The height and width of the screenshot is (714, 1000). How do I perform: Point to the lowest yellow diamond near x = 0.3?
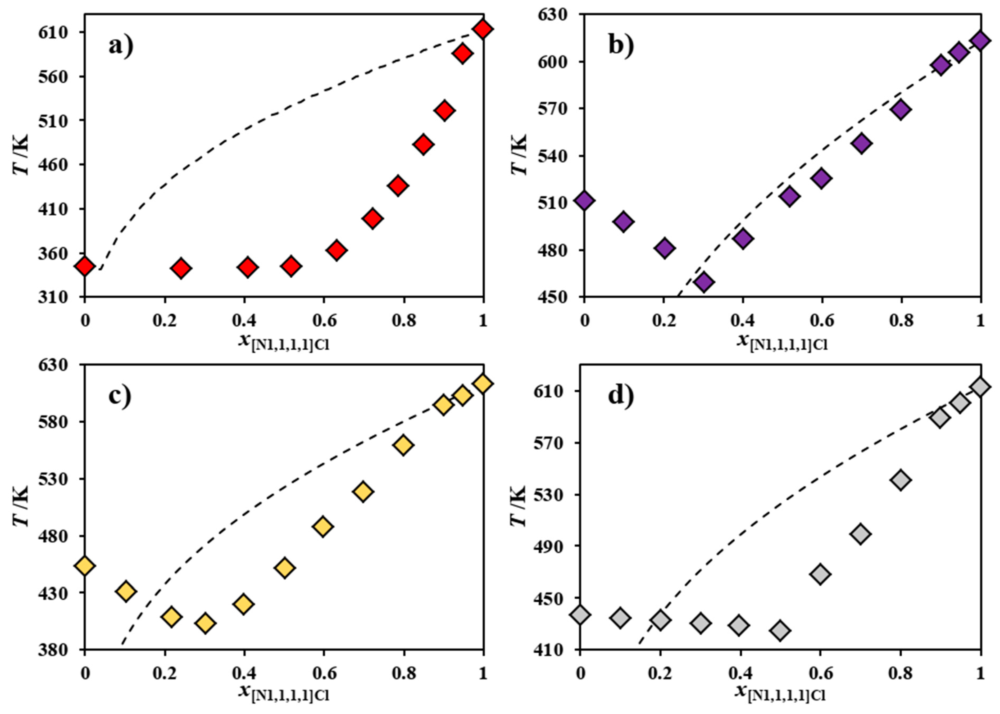click(x=205, y=623)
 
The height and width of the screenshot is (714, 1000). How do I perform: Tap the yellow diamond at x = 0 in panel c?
click(x=85, y=566)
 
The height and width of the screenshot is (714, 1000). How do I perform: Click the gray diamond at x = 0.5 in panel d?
click(x=780, y=630)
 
